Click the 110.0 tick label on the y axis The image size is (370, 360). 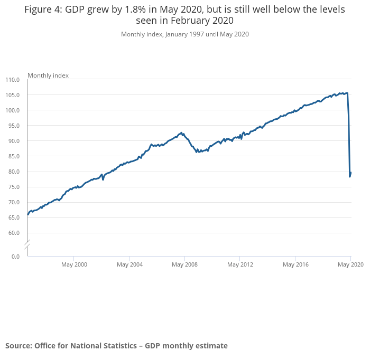point(12,80)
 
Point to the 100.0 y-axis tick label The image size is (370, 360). point(12,110)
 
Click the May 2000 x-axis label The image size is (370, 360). point(75,264)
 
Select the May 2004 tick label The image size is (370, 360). point(129,264)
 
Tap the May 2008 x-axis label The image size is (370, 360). point(184,264)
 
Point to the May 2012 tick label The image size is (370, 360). point(240,264)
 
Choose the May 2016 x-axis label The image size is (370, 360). point(295,264)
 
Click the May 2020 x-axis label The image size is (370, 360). point(350,264)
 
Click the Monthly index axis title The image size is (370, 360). point(48,75)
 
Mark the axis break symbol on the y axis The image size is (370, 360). point(27,244)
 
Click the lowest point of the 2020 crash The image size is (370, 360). point(350,176)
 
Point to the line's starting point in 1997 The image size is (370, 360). point(27,214)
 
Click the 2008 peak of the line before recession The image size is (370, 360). point(181,133)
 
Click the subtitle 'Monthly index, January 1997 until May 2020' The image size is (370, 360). point(185,34)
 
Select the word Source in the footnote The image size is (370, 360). point(18,346)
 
